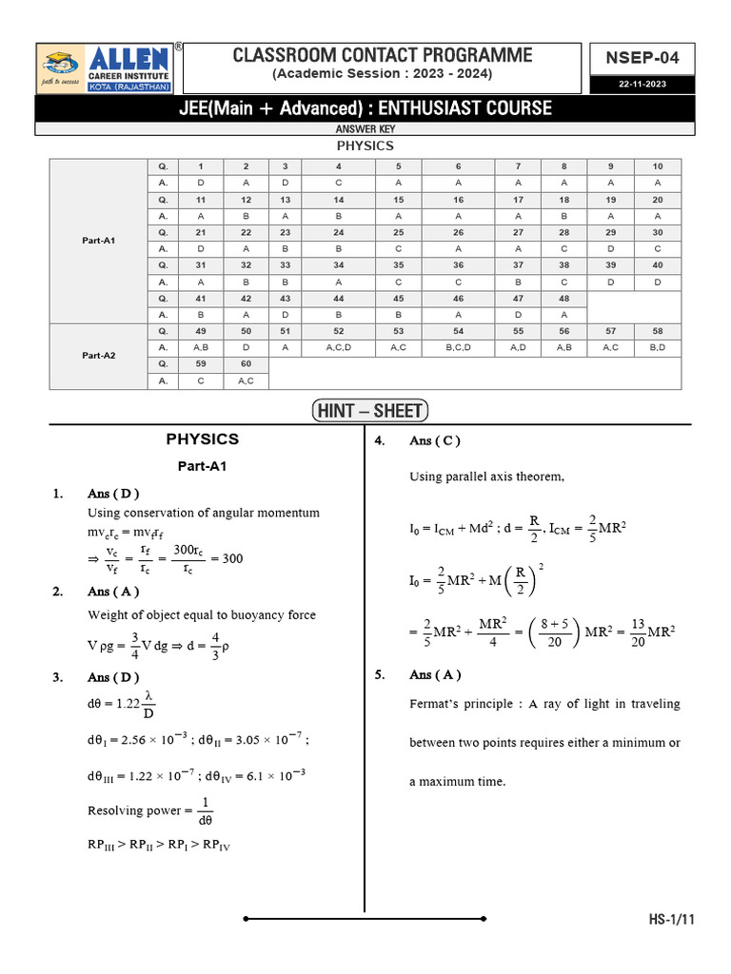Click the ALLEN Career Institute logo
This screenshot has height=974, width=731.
[106, 68]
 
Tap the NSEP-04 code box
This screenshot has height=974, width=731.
[642, 58]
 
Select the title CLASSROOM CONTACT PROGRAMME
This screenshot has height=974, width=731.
[383, 55]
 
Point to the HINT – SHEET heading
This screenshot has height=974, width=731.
[370, 411]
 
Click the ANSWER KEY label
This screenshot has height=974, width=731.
[365, 129]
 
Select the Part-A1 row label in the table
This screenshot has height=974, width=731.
[99, 241]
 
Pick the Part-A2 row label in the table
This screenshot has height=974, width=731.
[99, 356]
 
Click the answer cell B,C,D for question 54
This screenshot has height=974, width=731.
[458, 347]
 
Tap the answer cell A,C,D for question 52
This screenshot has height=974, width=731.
[338, 347]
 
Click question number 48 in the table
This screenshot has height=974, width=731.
[563, 298]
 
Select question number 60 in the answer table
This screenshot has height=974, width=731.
[246, 364]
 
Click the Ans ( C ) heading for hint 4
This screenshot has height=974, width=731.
[435, 440]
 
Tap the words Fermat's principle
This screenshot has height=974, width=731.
[456, 704]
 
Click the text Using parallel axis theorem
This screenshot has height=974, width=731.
[486, 477]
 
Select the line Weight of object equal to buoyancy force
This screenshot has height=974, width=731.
[201, 614]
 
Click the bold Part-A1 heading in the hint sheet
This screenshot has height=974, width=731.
[202, 467]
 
